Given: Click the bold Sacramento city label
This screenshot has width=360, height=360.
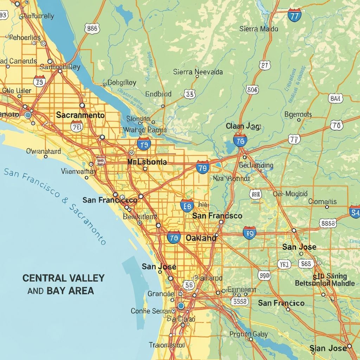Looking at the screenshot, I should (x=80, y=115).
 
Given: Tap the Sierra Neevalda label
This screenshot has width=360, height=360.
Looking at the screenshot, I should (x=198, y=72).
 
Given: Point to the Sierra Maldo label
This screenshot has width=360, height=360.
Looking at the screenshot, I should (x=259, y=29).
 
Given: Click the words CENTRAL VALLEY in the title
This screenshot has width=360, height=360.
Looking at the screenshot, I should (x=63, y=278).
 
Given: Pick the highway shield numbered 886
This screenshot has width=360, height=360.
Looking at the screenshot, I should (x=92, y=29).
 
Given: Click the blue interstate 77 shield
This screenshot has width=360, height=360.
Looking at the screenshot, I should (x=294, y=15).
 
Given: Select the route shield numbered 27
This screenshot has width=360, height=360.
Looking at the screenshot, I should (x=265, y=65).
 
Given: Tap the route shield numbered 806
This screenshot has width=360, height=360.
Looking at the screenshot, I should (x=252, y=90).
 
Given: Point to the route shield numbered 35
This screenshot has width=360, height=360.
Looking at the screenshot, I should (x=189, y=94).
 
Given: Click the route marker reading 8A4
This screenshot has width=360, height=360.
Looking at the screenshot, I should (x=335, y=98).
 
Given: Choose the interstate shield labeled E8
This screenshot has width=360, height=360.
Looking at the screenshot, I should (x=186, y=205).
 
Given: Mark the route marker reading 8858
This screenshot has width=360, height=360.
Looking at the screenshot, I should (x=328, y=223).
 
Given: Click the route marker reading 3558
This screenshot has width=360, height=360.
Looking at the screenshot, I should (x=240, y=301).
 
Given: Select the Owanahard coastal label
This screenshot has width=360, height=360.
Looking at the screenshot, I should (x=43, y=152).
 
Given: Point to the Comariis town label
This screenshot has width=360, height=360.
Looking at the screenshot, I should (x=322, y=201).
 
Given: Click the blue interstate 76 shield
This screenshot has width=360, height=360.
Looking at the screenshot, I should (x=240, y=141).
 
